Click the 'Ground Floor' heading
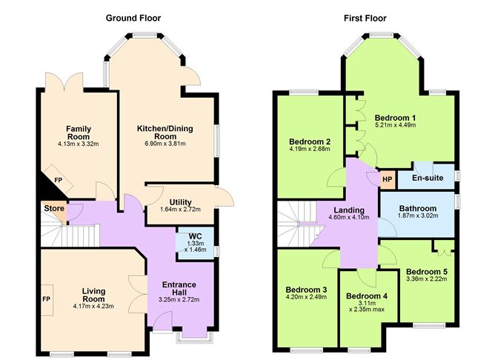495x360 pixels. coord(133,17)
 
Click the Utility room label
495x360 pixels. coord(181,201)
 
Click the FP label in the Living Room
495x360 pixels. coord(46,299)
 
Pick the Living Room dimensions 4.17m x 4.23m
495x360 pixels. coord(93,305)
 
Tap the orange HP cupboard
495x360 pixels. coord(387,179)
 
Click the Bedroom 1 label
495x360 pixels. coord(395,117)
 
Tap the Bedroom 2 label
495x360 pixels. coord(309,141)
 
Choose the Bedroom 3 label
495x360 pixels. coord(306,289)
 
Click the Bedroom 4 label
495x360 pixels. coord(366,296)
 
